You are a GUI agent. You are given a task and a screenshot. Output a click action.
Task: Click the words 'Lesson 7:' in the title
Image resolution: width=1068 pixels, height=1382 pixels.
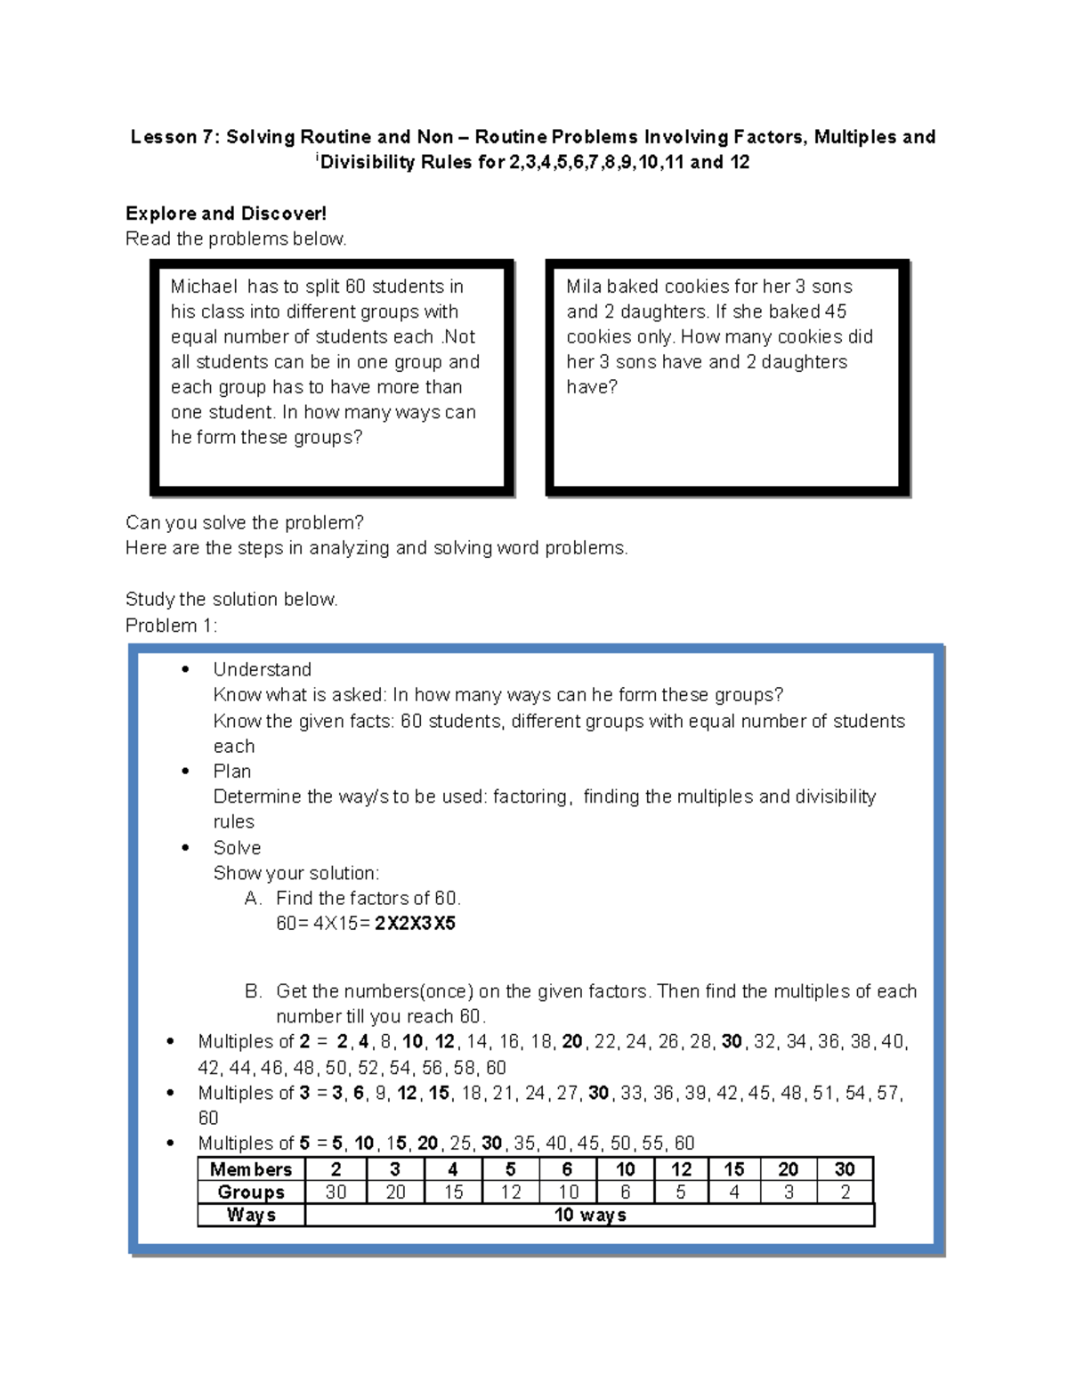174,137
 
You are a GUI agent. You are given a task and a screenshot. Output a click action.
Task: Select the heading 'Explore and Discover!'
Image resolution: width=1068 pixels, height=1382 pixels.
226,214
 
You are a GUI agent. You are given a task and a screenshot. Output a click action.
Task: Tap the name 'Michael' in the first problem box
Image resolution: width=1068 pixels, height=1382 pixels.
205,287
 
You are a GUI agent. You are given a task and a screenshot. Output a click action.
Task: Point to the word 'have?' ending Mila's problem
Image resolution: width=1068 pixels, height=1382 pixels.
592,387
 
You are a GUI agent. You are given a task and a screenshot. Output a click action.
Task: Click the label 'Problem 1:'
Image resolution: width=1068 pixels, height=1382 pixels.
171,626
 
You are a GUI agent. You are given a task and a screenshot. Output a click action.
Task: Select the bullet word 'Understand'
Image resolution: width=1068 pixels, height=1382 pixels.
262,669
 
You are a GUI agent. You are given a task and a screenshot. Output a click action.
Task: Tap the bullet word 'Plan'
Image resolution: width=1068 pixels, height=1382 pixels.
231,771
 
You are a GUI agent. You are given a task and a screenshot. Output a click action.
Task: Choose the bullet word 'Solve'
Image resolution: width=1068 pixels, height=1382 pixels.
237,847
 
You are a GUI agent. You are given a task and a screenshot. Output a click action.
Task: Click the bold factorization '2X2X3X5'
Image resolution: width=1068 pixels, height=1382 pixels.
415,923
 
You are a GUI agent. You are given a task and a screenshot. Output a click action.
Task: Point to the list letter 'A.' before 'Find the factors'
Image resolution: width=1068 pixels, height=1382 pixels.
253,898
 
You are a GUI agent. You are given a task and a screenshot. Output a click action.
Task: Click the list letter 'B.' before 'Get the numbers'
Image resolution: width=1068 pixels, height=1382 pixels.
253,991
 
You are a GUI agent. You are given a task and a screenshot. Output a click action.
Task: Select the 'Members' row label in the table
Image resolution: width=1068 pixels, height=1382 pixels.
251,1169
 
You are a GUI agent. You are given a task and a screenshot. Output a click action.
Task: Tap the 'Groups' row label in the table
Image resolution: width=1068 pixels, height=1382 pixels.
251,1192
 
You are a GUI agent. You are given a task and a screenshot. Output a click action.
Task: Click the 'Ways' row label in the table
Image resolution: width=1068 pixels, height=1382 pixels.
251,1215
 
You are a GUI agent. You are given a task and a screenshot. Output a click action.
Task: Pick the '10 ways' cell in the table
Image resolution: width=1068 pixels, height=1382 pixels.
589,1215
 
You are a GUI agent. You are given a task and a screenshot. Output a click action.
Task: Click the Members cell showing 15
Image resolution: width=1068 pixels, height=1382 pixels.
733,1169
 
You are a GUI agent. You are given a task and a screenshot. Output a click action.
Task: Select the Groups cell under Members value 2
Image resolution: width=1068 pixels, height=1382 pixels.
336,1192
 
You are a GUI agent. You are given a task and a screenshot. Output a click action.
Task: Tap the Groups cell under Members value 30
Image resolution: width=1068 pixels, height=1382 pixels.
845,1192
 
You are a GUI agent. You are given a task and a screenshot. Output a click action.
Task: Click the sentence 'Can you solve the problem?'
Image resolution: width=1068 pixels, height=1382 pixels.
245,522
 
